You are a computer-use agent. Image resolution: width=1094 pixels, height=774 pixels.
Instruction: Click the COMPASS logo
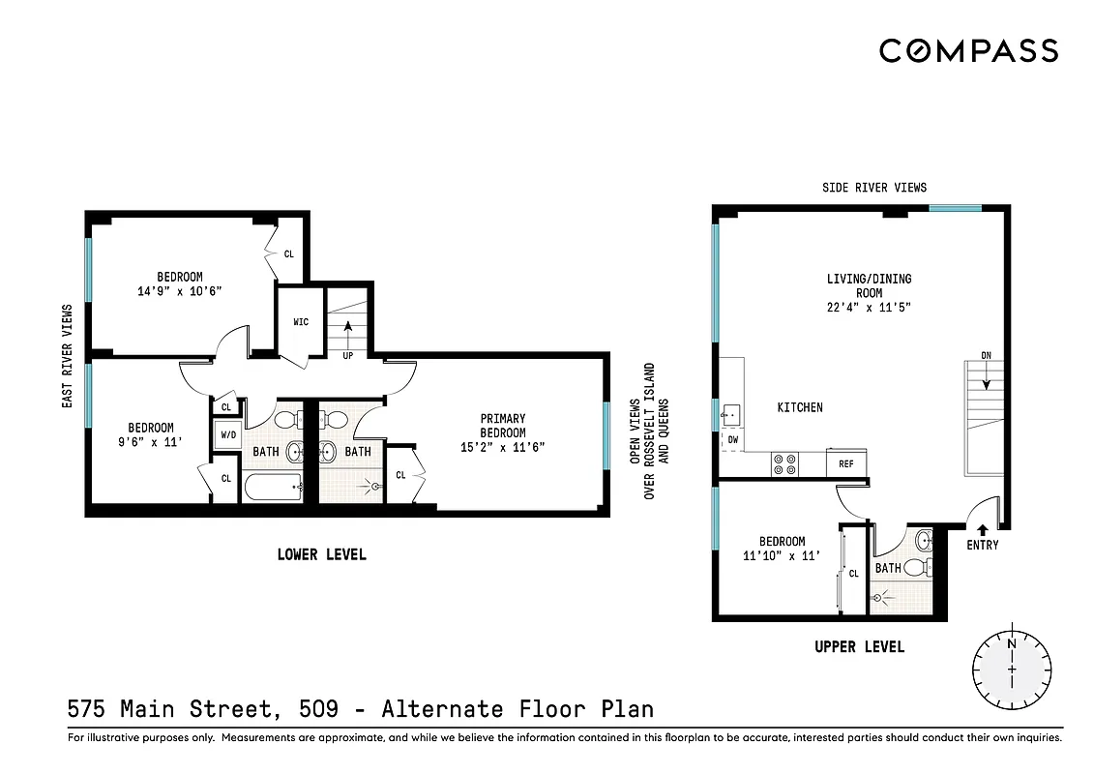968,50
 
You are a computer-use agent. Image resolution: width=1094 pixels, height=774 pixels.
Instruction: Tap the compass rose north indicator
1012,644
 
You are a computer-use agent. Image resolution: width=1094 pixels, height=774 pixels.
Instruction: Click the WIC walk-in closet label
301,322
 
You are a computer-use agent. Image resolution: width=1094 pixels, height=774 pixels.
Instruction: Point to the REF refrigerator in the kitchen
846,464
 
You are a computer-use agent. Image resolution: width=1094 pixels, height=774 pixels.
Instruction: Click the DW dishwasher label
731,439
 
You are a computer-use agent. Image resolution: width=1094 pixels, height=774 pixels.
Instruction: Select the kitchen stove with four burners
784,464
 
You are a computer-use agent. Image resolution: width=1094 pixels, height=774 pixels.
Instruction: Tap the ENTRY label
982,546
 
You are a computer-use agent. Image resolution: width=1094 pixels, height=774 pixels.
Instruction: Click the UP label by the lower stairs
346,356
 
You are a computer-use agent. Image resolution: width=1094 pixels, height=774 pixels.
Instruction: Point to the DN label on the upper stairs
986,356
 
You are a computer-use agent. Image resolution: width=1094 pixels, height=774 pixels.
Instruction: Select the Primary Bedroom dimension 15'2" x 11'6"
503,447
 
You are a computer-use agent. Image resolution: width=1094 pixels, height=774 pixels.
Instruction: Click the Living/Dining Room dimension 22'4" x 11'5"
869,307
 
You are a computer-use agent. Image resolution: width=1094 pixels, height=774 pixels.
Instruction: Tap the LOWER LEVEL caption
321,554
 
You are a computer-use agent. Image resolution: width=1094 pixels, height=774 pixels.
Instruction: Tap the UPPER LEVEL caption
859,646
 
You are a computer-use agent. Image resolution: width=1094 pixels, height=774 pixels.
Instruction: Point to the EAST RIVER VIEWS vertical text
68,356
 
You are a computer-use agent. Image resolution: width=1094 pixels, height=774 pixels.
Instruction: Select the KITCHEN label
800,407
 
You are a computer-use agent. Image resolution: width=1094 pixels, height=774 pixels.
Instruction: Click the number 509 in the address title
318,709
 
